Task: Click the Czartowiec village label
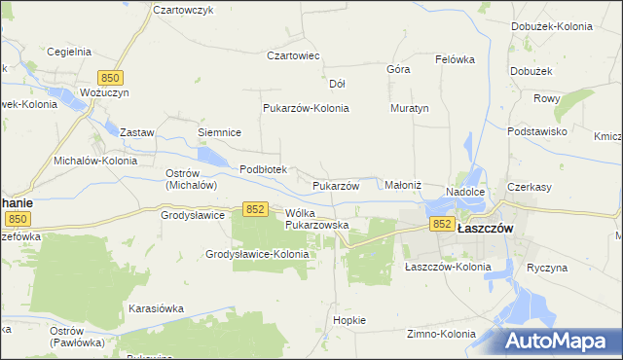coord(294,55)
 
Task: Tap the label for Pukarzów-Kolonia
coord(306,108)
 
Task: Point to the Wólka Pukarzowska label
coord(316,218)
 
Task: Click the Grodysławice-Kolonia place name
coord(257,254)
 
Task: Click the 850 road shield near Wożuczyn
coord(110,77)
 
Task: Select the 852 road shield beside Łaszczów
coord(442,224)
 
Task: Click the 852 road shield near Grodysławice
coord(256,209)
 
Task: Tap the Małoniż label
coord(403,184)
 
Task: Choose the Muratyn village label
coord(410,108)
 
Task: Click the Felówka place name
coord(455,58)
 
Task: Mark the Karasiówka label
coord(156,307)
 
